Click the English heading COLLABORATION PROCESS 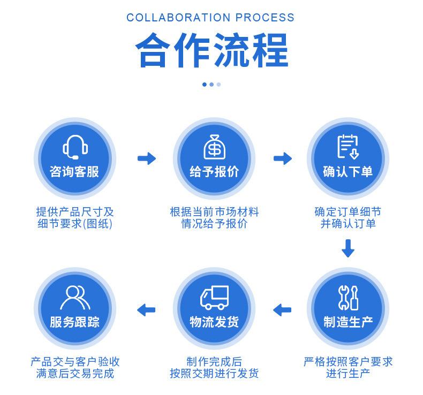click(210, 18)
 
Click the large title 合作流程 click(211, 50)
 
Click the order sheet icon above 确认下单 click(348, 147)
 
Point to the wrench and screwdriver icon click(348, 297)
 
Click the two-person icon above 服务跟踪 click(75, 297)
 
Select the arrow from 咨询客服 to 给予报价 click(146, 158)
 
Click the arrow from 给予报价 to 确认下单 click(282, 158)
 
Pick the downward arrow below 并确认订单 click(348, 248)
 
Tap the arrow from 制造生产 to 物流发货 click(282, 309)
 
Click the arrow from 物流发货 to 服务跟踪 click(146, 309)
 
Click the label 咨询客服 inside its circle click(74, 172)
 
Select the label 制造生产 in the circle click(348, 322)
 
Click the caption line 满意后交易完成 click(75, 374)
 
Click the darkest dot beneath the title click(205, 84)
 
